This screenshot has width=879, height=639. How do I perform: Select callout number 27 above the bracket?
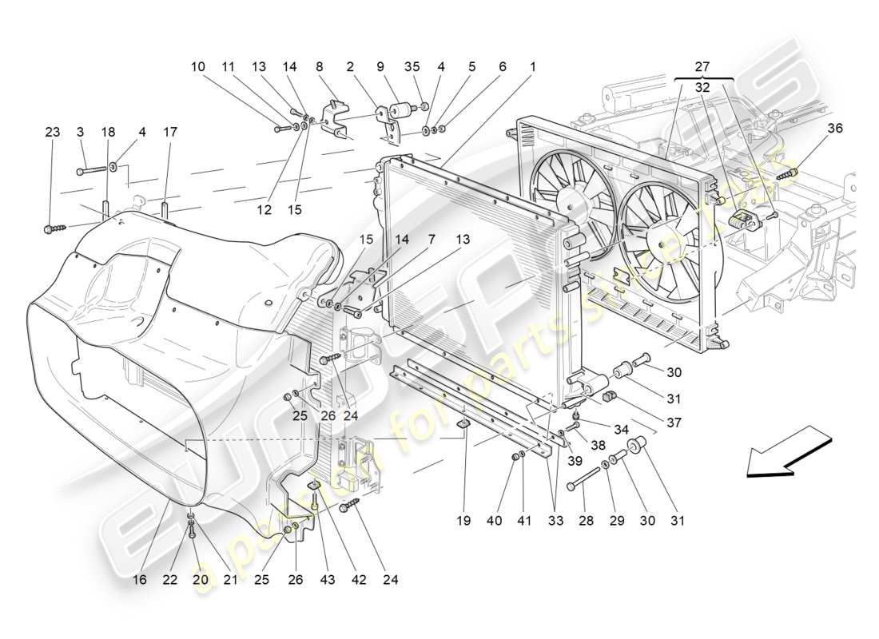702,67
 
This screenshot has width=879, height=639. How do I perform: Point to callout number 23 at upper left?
52,133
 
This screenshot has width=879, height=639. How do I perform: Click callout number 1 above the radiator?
532,68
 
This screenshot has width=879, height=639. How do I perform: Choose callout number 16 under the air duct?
141,579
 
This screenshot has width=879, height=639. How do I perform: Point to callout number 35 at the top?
412,68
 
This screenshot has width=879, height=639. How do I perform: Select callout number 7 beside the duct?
432,239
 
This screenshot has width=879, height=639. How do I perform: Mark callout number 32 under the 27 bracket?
702,88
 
